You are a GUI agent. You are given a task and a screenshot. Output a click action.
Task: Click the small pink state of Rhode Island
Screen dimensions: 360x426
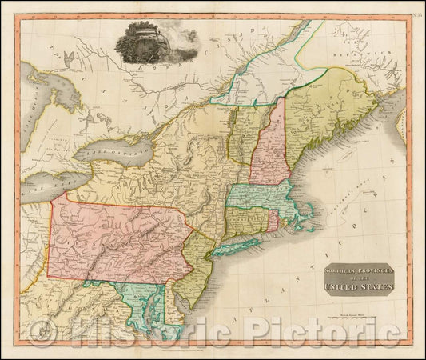[x=272, y=218]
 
